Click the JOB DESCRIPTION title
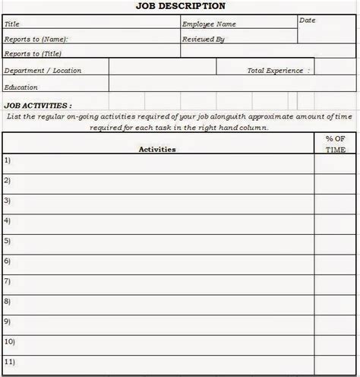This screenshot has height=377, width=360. [179, 6]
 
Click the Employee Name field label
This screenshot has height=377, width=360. [209, 24]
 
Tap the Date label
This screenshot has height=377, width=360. [307, 20]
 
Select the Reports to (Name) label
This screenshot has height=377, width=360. [36, 39]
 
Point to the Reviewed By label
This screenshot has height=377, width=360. [204, 39]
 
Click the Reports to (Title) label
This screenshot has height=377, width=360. [33, 54]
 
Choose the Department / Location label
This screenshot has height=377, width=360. [43, 71]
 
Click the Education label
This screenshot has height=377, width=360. [21, 87]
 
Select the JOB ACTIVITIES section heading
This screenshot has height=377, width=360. [38, 106]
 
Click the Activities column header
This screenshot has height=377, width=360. [157, 149]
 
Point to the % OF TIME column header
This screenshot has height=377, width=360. [335, 144]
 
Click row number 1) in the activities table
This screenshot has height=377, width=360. [8, 160]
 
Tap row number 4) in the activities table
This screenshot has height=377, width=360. [8, 220]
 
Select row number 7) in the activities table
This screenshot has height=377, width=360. [8, 280]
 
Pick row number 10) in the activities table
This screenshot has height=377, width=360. [9, 341]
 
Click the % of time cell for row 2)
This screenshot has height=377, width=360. [335, 183]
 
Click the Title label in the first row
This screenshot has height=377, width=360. [11, 24]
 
